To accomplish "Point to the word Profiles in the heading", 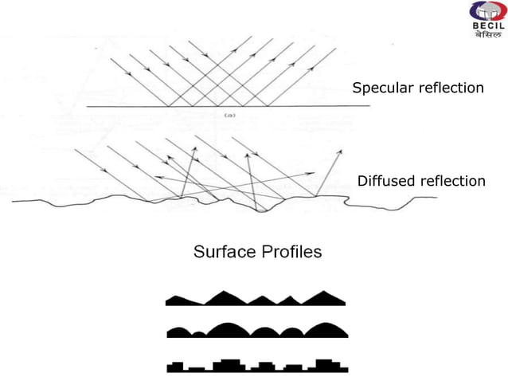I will pyautogui.click(x=291, y=253).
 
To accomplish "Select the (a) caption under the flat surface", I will pyautogui.click(x=229, y=116).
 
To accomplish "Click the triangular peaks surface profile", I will pyautogui.click(x=255, y=299).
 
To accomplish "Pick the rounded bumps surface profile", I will pyautogui.click(x=255, y=329).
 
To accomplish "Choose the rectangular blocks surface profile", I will pyautogui.click(x=255, y=366).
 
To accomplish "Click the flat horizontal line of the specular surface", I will pyautogui.click(x=215, y=107).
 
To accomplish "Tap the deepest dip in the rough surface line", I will pyautogui.click(x=262, y=211).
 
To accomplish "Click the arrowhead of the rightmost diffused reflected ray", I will pyautogui.click(x=342, y=151).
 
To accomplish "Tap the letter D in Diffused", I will pyautogui.click(x=362, y=182).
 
